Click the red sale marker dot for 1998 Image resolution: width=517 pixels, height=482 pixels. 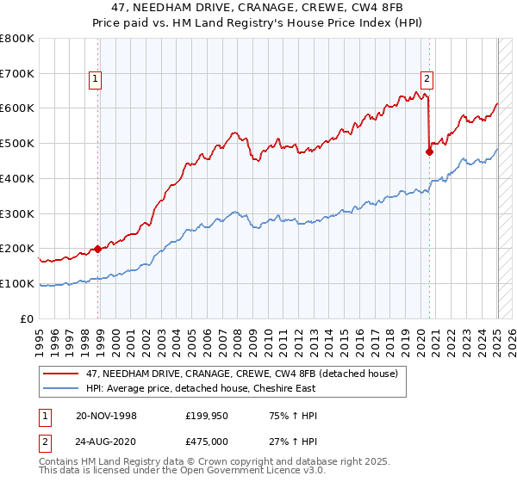pos(97,249)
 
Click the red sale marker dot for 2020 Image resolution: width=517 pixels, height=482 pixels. pos(429,152)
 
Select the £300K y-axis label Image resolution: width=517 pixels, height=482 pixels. pos(19,213)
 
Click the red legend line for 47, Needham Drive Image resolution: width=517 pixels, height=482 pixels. pos(60,374)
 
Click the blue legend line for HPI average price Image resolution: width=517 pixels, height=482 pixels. pos(60,388)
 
